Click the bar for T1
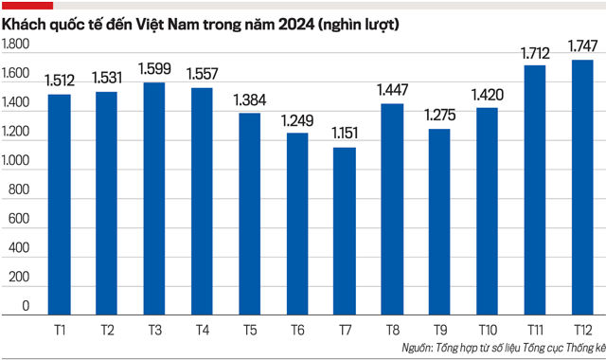(59, 204)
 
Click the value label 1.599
(154, 69)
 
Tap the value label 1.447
(392, 90)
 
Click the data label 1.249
(297, 119)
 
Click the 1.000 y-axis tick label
(17, 163)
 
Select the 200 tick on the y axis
(22, 277)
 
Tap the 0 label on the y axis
(27, 306)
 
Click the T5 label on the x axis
(249, 328)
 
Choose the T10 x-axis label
(487, 328)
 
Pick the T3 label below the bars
(154, 328)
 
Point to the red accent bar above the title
(27, 5)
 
